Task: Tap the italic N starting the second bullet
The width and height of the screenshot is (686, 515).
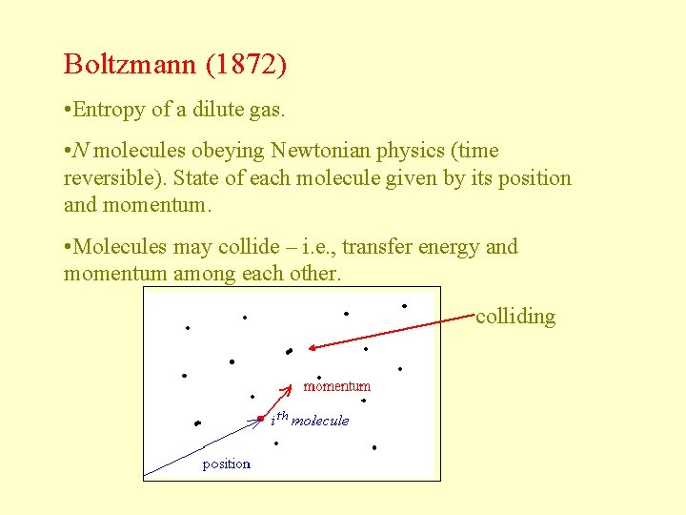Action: pyautogui.click(x=82, y=151)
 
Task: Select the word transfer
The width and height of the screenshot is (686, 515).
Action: pyautogui.click(x=378, y=247)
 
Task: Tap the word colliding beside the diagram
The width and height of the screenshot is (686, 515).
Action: pyautogui.click(x=515, y=316)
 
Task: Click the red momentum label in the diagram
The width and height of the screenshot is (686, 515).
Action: pyautogui.click(x=336, y=386)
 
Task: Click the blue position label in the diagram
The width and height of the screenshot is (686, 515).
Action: pyautogui.click(x=226, y=464)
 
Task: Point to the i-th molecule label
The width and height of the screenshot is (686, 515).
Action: pyautogui.click(x=311, y=420)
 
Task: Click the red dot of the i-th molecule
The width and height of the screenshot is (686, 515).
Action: pyautogui.click(x=260, y=419)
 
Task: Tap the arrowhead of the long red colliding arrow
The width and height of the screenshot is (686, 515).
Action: pyautogui.click(x=311, y=348)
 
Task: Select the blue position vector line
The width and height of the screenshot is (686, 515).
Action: pyautogui.click(x=201, y=447)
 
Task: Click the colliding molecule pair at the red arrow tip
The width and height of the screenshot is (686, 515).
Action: pyautogui.click(x=289, y=351)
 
